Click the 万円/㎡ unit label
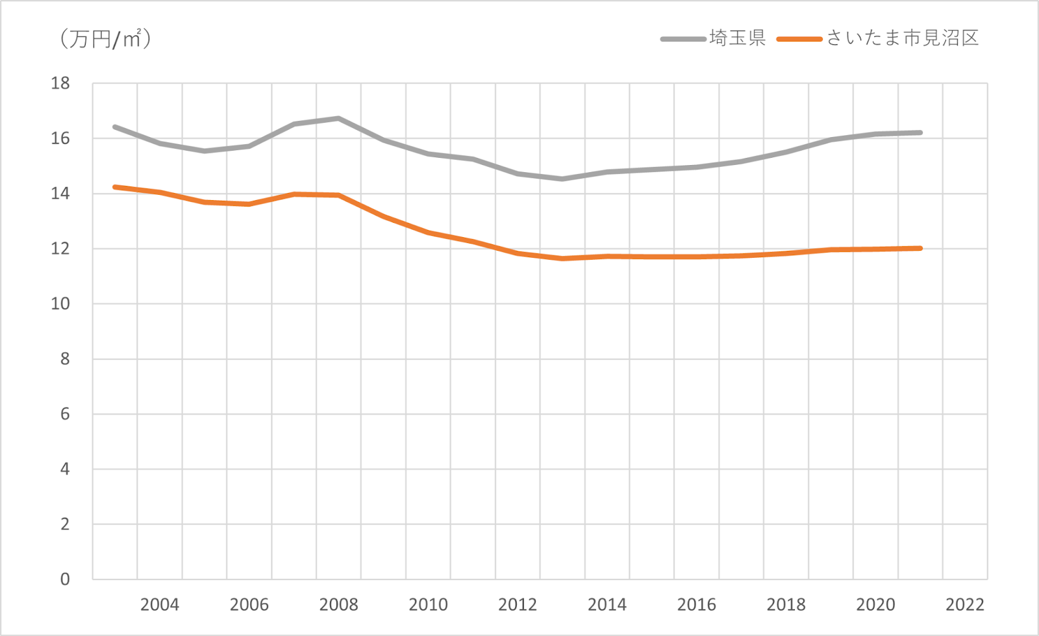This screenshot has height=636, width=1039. click(106, 39)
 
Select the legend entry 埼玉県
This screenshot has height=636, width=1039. click(738, 38)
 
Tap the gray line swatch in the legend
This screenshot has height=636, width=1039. click(683, 39)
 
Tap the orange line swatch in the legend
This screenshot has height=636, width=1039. click(799, 39)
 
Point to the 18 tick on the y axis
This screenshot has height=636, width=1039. click(60, 83)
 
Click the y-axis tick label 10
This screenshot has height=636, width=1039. click(60, 303)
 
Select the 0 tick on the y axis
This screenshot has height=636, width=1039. click(65, 579)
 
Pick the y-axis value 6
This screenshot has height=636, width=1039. click(65, 414)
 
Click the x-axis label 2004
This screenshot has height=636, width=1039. click(160, 605)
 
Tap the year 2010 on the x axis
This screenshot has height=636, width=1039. click(428, 605)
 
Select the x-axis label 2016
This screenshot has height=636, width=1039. click(696, 605)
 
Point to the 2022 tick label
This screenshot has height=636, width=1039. click(965, 605)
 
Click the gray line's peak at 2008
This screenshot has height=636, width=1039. click(338, 118)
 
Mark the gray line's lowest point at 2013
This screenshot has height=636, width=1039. click(562, 179)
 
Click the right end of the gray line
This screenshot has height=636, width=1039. click(920, 133)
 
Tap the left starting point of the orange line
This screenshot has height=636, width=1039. click(115, 187)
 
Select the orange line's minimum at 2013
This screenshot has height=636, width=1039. click(562, 259)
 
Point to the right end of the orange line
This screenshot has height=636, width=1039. click(920, 248)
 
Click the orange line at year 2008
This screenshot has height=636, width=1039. click(338, 195)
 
